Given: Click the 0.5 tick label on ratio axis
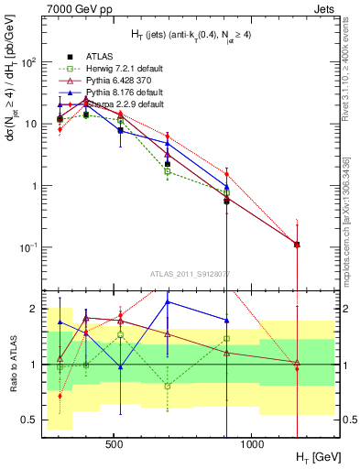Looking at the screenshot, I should [x=29, y=420].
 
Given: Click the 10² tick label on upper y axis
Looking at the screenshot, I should [x=27, y=61].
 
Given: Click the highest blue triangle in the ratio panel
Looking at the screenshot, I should [x=168, y=301].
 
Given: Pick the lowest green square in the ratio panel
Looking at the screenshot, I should [x=168, y=386].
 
